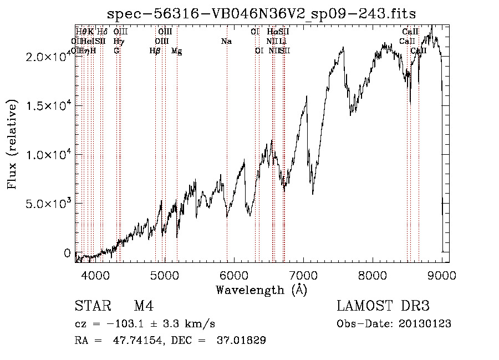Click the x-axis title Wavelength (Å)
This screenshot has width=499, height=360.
click(x=261, y=290)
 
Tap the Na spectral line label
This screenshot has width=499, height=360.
click(x=226, y=41)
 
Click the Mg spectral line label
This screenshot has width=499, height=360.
click(x=177, y=51)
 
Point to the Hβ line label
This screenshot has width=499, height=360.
click(x=155, y=50)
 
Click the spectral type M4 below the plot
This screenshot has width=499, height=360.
click(x=143, y=306)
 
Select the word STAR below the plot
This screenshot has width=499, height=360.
click(x=90, y=306)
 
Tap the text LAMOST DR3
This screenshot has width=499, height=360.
click(x=383, y=306)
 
